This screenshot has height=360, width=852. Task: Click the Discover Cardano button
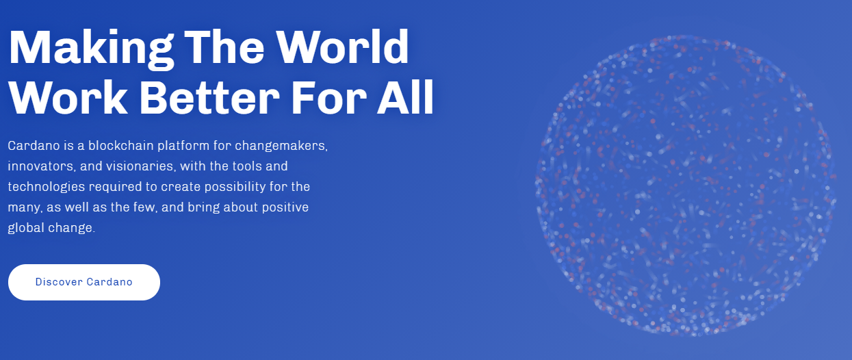[84, 283]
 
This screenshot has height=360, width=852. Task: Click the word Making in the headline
[91, 49]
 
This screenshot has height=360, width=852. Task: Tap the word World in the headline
[342, 47]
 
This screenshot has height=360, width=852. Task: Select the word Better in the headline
[209, 97]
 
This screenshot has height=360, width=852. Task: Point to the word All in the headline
[405, 97]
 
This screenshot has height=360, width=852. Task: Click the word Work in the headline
[68, 97]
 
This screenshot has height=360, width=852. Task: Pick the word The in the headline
[224, 47]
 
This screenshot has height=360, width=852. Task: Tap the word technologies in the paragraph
[47, 188]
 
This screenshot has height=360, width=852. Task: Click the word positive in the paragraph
[285, 208]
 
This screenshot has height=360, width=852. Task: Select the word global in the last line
[26, 229]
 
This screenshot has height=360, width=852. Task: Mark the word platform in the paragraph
[183, 146]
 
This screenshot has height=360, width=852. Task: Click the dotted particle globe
[686, 186]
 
